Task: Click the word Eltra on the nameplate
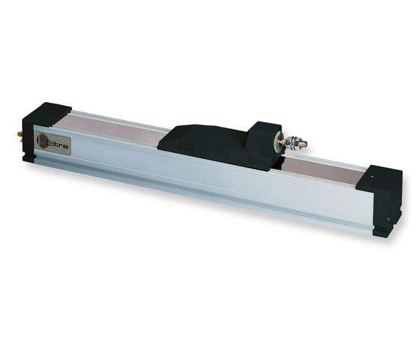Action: click(58, 144)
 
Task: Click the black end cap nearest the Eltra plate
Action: click(46, 128)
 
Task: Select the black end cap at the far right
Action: click(385, 201)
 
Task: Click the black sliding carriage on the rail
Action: click(219, 145)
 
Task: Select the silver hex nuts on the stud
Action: click(292, 142)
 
